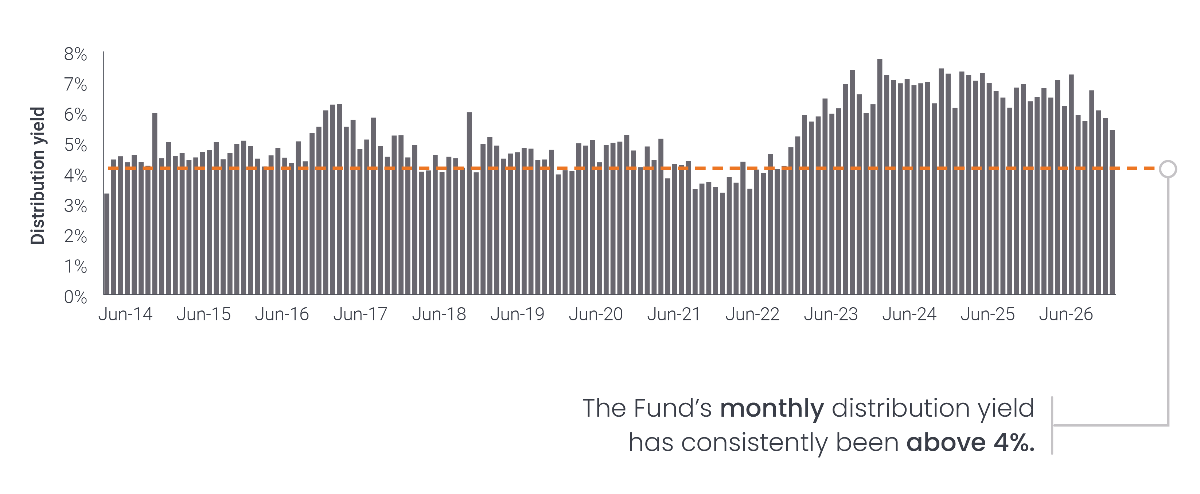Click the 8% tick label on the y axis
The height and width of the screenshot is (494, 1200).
75,54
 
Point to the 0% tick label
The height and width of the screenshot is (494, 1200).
75,297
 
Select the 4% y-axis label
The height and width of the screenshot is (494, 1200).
75,176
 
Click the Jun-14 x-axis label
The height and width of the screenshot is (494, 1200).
125,314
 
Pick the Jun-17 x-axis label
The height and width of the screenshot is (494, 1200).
360,314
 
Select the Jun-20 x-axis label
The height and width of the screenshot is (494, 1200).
596,314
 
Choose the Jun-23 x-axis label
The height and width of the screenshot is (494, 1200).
831,314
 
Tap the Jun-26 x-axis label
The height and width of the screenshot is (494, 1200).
1066,314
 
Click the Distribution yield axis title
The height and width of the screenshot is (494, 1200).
37,176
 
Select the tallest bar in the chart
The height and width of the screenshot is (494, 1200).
880,177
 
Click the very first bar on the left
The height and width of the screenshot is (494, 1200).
107,244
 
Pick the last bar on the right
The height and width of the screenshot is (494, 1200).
1113,212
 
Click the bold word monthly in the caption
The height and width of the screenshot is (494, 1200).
772,408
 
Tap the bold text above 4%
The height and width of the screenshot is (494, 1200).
970,443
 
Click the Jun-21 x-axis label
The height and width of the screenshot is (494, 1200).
674,314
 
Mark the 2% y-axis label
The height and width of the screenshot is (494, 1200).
75,236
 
